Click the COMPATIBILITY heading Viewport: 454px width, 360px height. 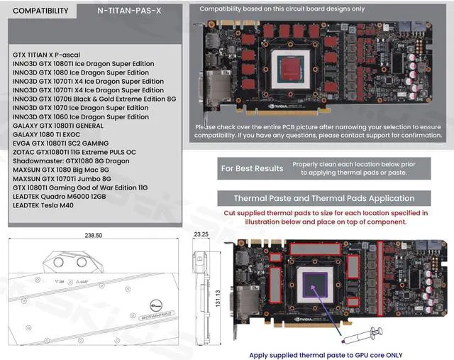41,11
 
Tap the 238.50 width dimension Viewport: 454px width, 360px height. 94,235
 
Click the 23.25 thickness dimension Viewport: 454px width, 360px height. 200,234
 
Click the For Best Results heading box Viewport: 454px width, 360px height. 252,168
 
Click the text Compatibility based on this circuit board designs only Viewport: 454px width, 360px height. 282,9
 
